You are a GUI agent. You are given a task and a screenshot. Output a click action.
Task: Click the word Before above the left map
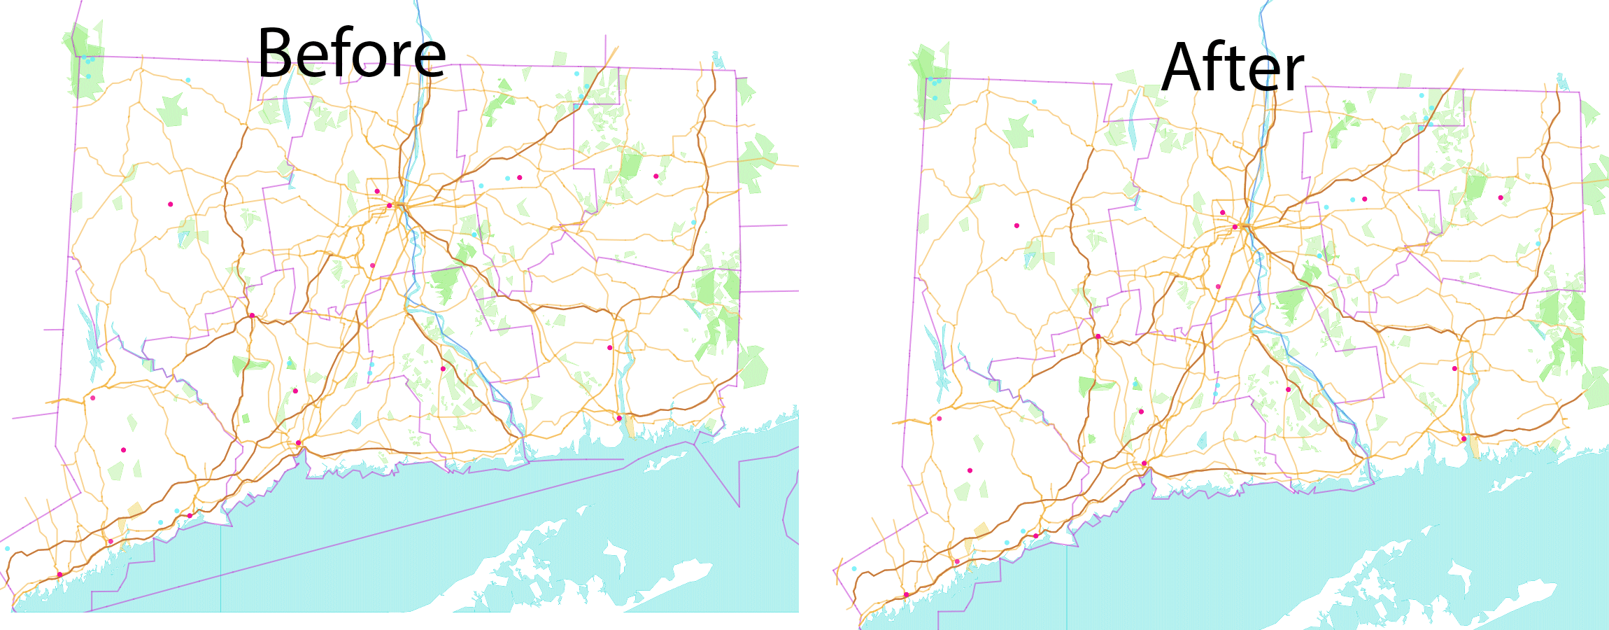(x=351, y=53)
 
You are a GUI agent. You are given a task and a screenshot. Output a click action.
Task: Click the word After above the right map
(x=1233, y=67)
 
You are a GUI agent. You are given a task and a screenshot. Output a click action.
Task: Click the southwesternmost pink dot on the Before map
(x=59, y=575)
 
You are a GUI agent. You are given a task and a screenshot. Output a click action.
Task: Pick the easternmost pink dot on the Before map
(x=655, y=176)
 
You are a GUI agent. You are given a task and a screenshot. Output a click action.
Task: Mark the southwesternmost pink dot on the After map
(x=906, y=595)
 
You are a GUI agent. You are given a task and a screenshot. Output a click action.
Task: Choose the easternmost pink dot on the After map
(x=1501, y=197)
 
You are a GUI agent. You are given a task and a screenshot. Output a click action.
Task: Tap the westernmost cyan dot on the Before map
(x=8, y=548)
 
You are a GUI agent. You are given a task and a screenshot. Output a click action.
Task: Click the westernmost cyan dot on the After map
(x=854, y=568)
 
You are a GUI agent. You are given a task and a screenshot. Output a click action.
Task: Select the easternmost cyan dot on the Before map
(x=693, y=223)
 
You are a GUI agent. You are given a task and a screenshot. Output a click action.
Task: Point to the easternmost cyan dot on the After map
(x=1538, y=244)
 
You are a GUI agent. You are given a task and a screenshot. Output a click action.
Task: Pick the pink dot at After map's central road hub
(x=1235, y=227)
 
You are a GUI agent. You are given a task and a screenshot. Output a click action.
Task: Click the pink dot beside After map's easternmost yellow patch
(x=1463, y=439)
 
